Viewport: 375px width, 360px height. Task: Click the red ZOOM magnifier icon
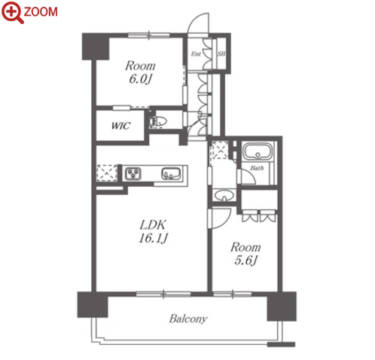[12, 12]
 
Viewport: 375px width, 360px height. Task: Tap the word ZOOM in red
[41, 12]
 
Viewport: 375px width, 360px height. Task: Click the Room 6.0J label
[140, 72]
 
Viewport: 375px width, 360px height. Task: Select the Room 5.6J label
[245, 254]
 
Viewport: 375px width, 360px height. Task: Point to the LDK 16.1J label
[153, 231]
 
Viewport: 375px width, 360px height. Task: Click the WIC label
[120, 126]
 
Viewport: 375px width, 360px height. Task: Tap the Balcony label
[188, 319]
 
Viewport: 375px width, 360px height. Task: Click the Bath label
[257, 168]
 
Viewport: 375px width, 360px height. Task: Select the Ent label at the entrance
[196, 53]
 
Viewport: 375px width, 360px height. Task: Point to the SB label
[221, 53]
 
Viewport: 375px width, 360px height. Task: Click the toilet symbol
[158, 121]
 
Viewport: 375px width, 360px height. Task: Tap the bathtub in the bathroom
[258, 151]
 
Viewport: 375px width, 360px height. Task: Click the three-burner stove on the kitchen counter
[133, 173]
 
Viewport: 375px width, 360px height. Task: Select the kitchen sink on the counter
[171, 173]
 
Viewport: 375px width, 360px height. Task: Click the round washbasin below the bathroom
[224, 196]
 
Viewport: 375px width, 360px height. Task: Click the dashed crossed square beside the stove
[107, 172]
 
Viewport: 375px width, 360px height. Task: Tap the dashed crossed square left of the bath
[220, 150]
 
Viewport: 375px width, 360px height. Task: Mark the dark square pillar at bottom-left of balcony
[93, 304]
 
